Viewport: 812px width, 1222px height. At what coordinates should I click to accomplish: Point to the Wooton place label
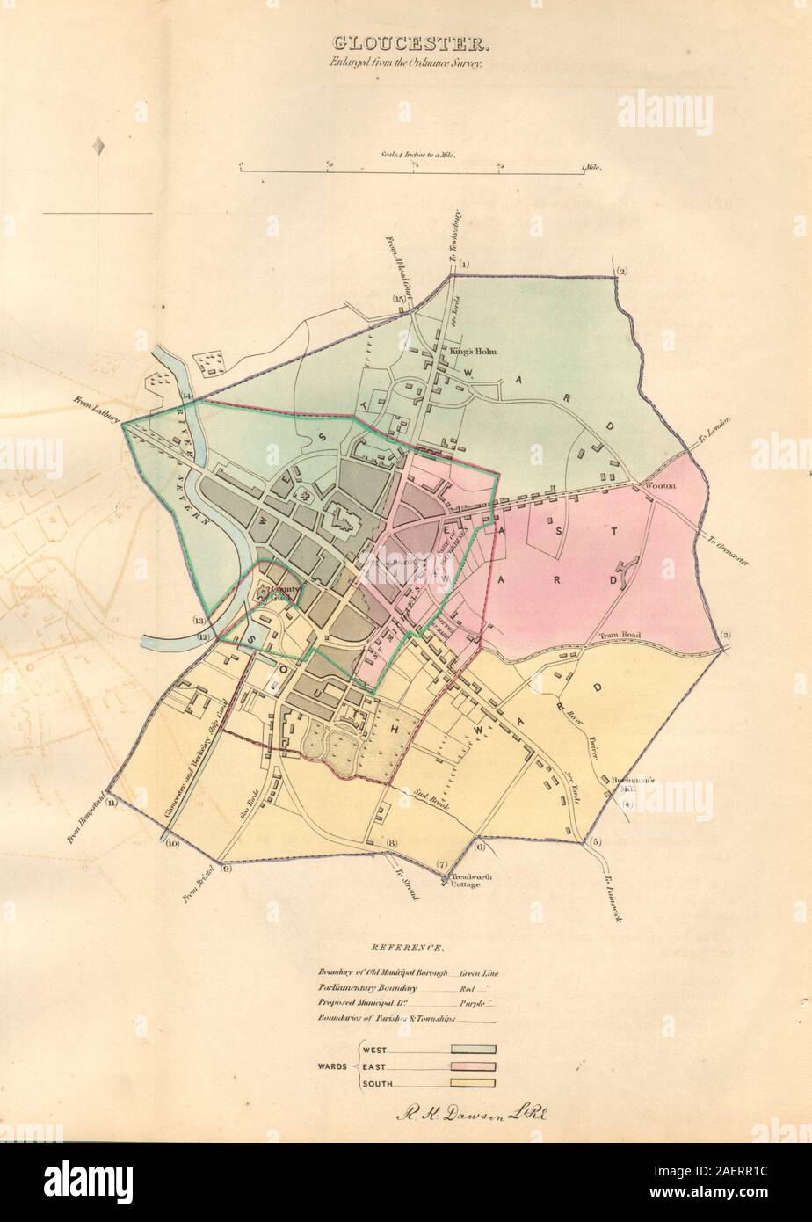(662, 485)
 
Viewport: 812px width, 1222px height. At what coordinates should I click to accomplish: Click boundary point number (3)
(726, 635)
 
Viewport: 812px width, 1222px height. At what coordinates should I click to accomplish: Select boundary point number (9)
(226, 869)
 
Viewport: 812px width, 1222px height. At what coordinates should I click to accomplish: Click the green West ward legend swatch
(474, 1050)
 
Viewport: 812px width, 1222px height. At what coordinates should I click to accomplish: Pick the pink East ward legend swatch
(474, 1066)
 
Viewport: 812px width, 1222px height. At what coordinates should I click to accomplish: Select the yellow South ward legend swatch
(474, 1083)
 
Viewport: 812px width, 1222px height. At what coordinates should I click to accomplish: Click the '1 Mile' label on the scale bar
(590, 166)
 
